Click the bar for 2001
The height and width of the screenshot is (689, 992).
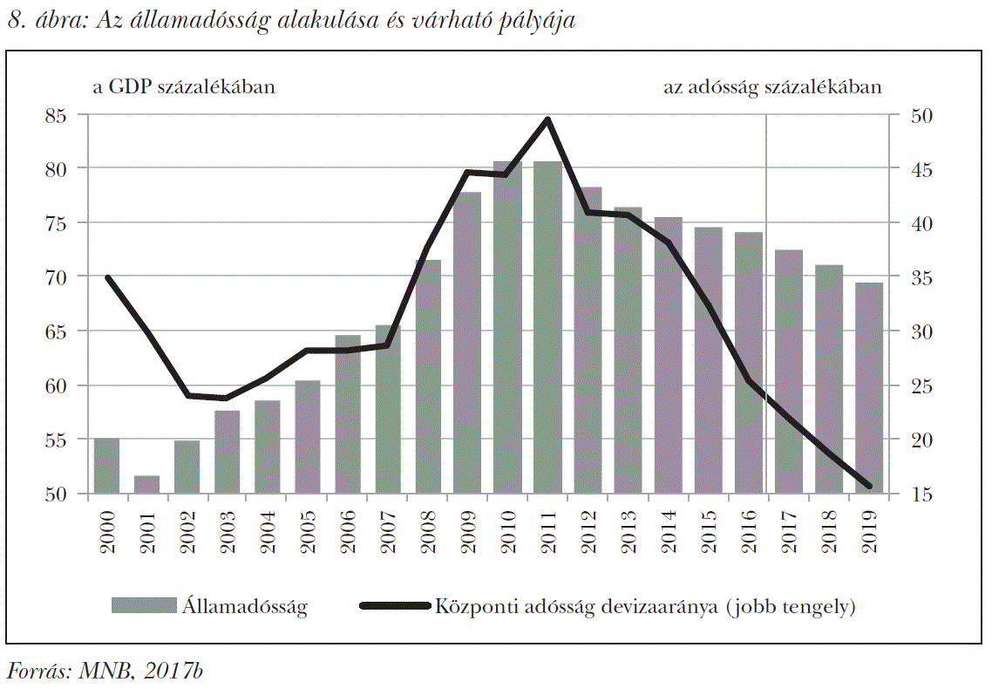click(x=146, y=485)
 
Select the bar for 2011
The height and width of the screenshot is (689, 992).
click(x=547, y=327)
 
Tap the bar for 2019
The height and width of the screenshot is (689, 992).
click(x=868, y=388)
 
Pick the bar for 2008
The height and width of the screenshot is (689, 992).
click(x=427, y=377)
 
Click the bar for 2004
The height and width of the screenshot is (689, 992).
click(x=267, y=447)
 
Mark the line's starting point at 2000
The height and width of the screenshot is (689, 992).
click(x=107, y=277)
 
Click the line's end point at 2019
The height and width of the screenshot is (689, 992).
click(x=868, y=487)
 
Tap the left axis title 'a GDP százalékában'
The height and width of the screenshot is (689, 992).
click(x=180, y=87)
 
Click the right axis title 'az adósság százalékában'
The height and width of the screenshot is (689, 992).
click(x=772, y=87)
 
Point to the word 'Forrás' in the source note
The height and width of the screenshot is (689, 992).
click(x=37, y=670)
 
